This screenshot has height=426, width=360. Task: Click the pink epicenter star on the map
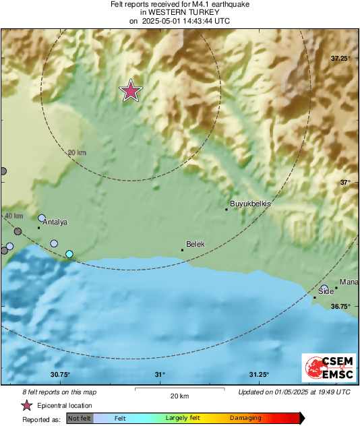coord(131,90)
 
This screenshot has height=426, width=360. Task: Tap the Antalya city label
coord(55,222)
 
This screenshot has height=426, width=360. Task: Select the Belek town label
coord(195,244)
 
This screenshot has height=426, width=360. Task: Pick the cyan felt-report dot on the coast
coord(69,254)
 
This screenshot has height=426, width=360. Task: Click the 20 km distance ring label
coord(78,153)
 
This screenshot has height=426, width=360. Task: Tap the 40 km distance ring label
coord(13,216)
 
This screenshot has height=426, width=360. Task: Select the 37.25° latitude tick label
coord(341,59)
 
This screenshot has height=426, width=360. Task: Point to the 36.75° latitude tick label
coord(341,306)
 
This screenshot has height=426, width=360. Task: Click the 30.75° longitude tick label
coord(60,375)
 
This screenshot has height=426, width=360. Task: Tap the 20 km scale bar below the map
coord(179,389)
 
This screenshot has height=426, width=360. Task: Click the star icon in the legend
coord(26,405)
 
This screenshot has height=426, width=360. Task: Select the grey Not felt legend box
coord(80,419)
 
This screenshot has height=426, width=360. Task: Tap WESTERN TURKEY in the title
coord(179,12)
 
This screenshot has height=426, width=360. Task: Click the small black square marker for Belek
coord(182,250)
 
